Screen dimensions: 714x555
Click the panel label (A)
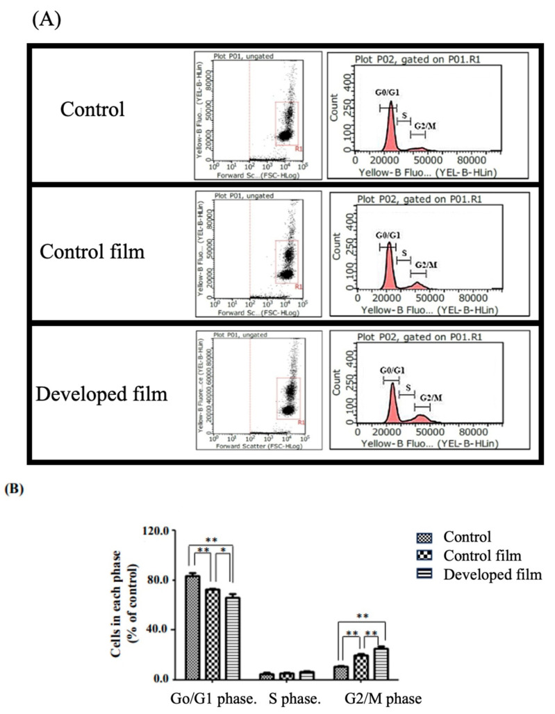47,18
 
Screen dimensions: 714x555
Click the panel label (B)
15,489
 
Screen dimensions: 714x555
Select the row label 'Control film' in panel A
101,251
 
